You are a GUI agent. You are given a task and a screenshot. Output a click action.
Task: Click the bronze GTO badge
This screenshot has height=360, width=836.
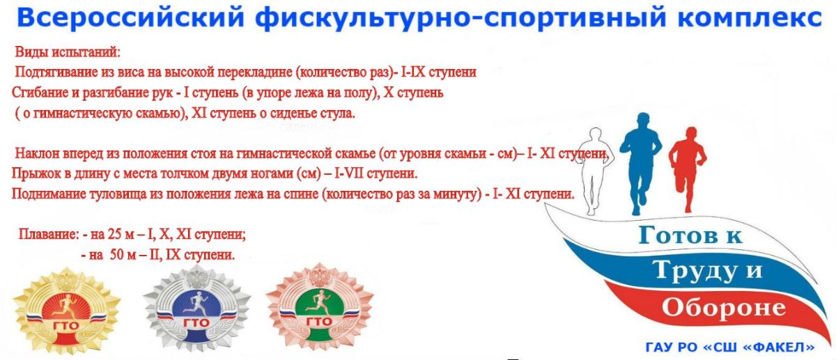(x=320, y=308)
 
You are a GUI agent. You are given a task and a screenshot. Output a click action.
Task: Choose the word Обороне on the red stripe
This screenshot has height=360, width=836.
(x=724, y=308)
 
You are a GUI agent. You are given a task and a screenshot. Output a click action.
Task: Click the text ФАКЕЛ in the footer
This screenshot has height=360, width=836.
(x=784, y=347)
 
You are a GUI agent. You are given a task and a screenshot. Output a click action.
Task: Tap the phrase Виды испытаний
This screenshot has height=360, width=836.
(x=68, y=52)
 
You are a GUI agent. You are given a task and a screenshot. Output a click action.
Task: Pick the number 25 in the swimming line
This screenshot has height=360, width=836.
(x=114, y=235)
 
